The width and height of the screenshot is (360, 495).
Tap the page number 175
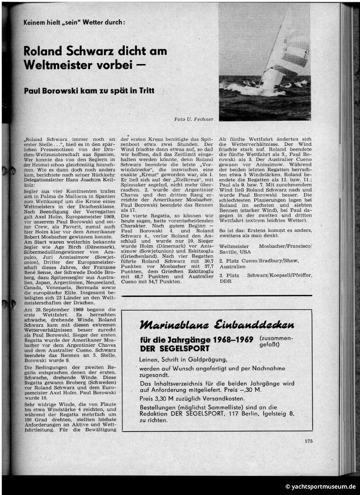pos(308,441)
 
